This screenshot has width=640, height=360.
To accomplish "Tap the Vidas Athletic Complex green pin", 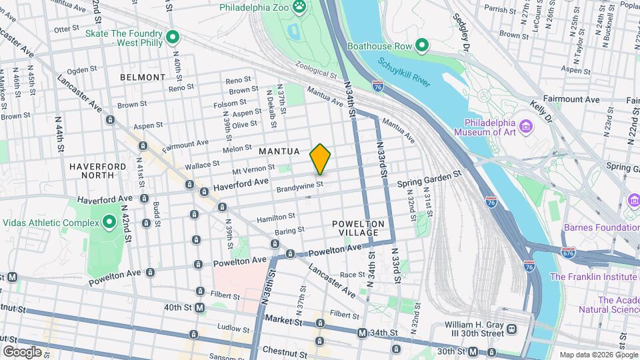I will (x=109, y=223).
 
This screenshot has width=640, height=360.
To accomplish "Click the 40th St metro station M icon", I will (x=201, y=308).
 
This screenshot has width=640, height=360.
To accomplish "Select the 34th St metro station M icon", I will (x=362, y=333).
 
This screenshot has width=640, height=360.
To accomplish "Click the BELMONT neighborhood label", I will (x=143, y=77).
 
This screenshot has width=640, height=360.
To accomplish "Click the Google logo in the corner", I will (x=22, y=351).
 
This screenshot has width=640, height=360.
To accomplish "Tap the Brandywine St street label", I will (x=300, y=187).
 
